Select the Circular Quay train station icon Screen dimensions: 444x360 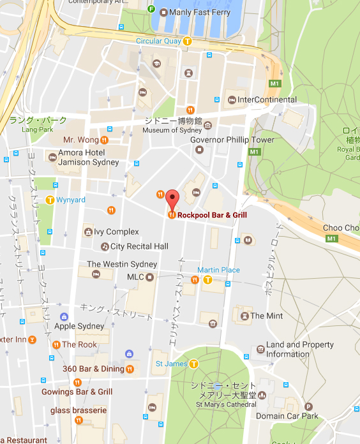(x=187, y=41)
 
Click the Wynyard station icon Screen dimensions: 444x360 (x=50, y=200)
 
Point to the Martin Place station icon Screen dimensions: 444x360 (x=207, y=279)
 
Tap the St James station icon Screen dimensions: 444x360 (x=192, y=364)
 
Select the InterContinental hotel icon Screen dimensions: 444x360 (x=231, y=100)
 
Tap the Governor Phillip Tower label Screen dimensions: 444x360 (x=232, y=140)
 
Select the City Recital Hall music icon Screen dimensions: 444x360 (x=105, y=246)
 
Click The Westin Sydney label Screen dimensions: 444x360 (x=122, y=264)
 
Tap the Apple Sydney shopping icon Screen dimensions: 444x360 (x=64, y=316)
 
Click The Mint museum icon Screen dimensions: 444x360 (x=243, y=315)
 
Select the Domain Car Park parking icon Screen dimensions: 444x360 (x=309, y=406)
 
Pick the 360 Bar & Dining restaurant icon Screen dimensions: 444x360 (x=130, y=368)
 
